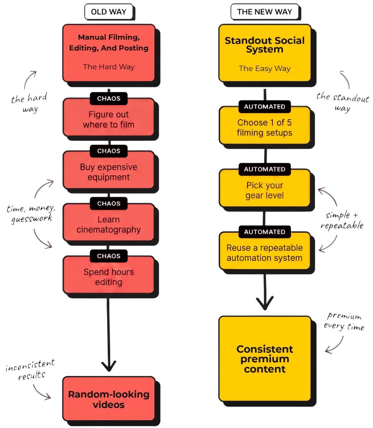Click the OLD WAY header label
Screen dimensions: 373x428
(108, 12)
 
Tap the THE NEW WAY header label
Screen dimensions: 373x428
(265, 12)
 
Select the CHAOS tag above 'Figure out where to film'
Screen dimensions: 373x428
(108, 98)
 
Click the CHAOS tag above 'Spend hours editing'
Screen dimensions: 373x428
(108, 256)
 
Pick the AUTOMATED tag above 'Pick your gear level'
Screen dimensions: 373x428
(265, 169)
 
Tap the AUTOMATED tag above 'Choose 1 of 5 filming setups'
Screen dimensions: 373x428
(265, 107)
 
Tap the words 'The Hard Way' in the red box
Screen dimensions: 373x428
(108, 67)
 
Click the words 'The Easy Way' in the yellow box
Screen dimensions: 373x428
(265, 68)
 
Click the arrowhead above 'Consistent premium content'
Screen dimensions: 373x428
(265, 303)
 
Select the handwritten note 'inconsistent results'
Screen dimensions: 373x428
(30, 369)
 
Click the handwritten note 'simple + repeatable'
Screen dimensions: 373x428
(342, 221)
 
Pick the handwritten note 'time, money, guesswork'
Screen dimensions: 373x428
(31, 214)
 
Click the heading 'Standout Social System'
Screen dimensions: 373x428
(265, 45)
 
